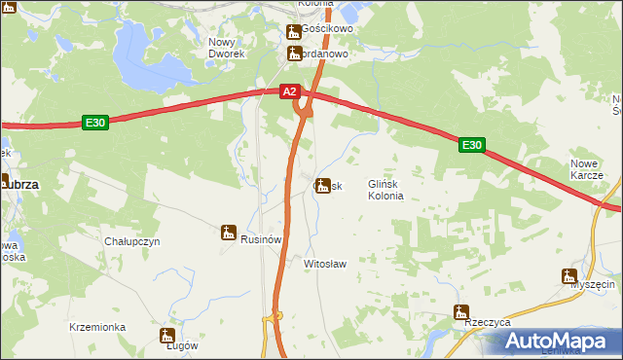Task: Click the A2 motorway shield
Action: (289, 91)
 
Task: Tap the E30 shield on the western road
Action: (94, 123)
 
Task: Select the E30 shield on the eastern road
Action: (472, 145)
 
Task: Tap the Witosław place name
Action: (325, 264)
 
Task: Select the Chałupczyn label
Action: (131, 241)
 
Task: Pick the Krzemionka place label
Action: (97, 328)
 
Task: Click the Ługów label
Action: (182, 345)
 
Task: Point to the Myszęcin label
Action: (593, 284)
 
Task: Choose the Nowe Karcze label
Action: (587, 169)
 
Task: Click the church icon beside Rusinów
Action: (229, 232)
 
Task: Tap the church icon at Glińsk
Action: (321, 185)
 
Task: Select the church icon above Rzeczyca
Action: (460, 311)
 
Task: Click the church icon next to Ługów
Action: (165, 336)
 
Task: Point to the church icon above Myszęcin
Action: (569, 275)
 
